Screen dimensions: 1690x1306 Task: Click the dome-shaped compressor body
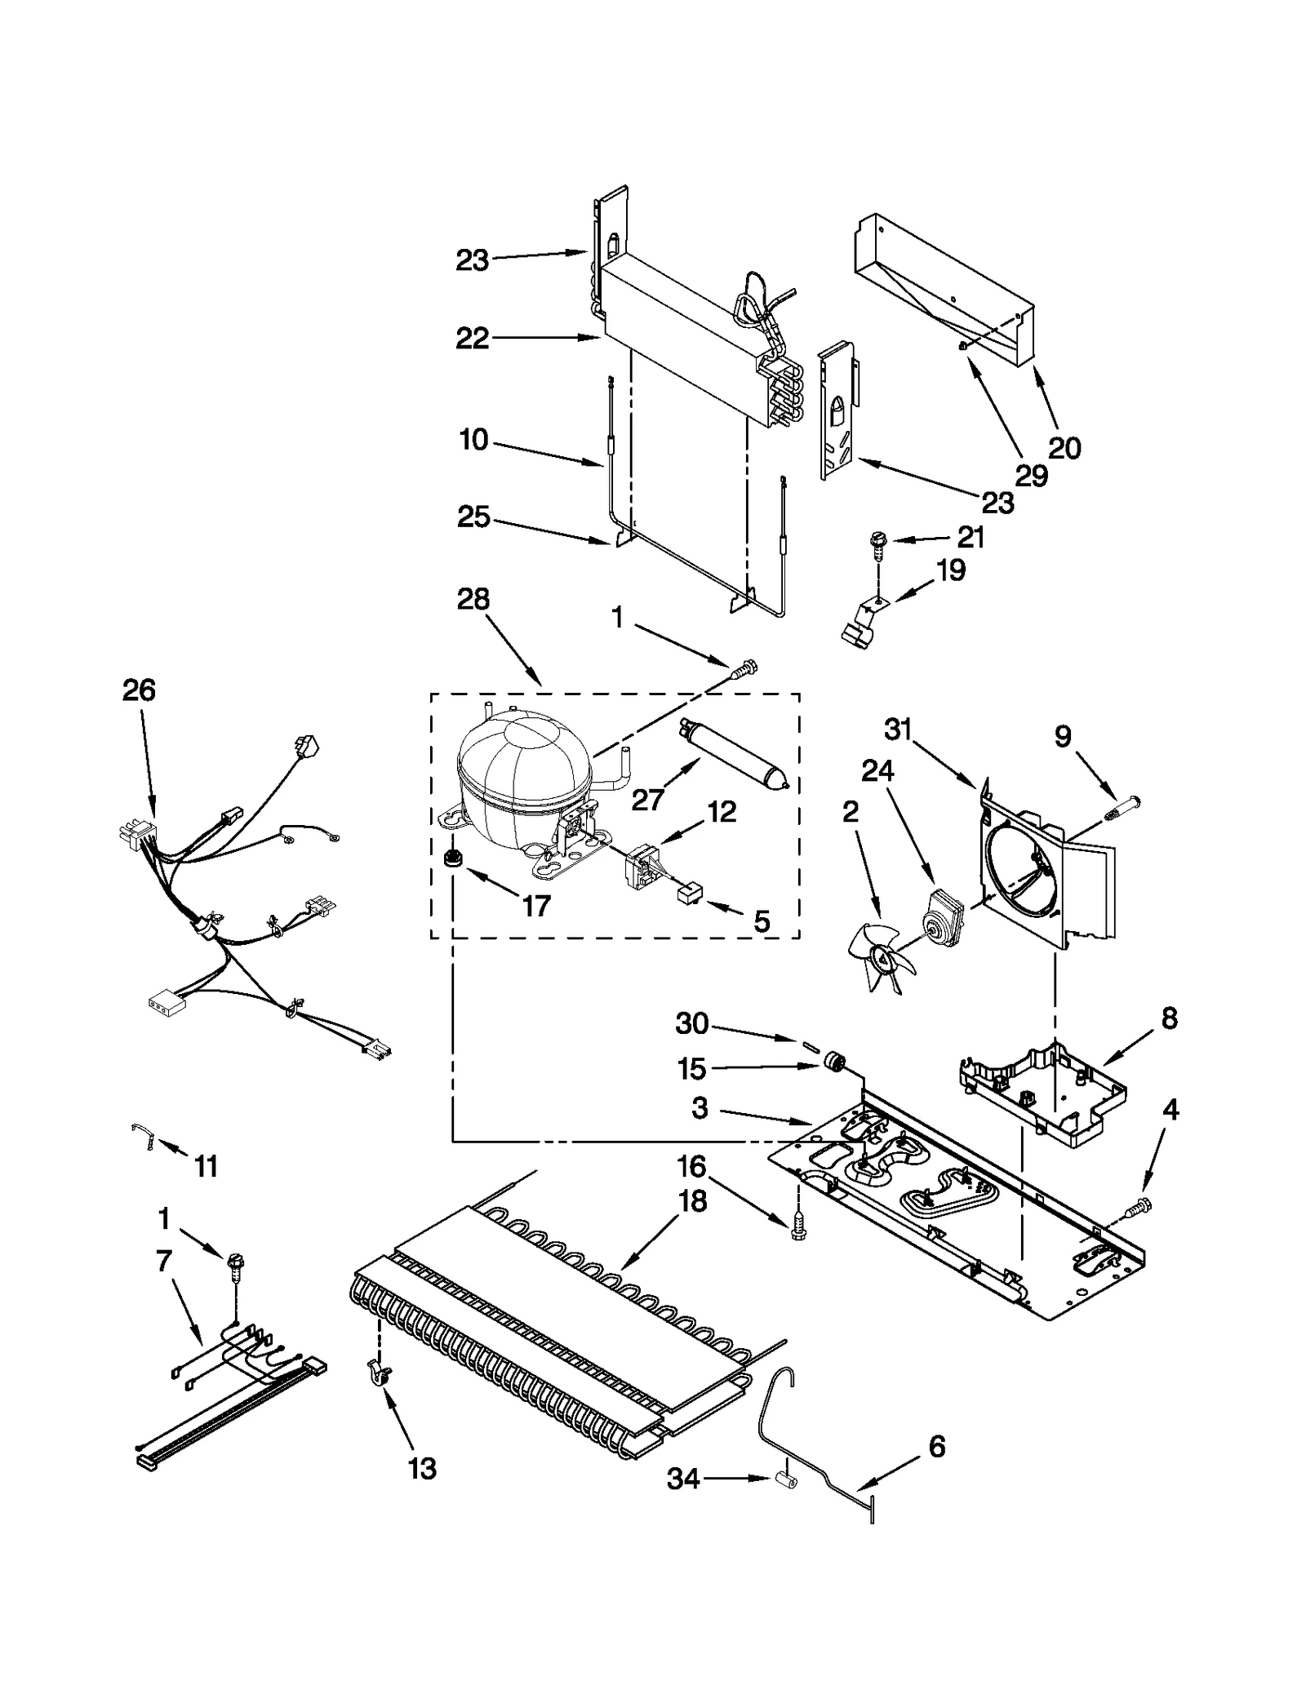coord(522,767)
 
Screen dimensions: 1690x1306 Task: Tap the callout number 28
coord(473,599)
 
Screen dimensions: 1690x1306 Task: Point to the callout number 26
coord(139,690)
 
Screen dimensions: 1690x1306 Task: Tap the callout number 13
coord(422,1469)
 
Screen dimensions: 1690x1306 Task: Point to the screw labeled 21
coord(878,542)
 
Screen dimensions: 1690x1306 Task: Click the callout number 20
coord(1064,447)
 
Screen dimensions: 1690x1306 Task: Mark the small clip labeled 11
coord(143,1134)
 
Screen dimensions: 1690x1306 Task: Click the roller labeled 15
coord(833,1063)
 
